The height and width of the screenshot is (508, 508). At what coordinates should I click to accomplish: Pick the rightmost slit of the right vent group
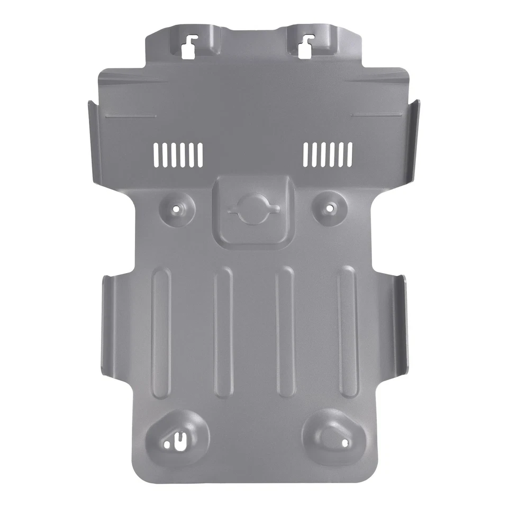click(x=350, y=153)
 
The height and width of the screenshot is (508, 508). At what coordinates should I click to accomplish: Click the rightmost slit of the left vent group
click(x=201, y=153)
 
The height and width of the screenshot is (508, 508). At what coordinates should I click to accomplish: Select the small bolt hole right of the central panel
click(x=329, y=208)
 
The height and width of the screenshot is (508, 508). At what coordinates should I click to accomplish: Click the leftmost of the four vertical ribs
click(x=161, y=333)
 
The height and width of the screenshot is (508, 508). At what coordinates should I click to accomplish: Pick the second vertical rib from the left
click(x=223, y=333)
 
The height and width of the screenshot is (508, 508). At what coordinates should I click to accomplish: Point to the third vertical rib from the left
click(x=285, y=333)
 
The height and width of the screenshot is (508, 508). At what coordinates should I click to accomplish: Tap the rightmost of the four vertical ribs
click(x=348, y=333)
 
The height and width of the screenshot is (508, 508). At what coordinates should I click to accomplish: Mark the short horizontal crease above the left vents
click(x=130, y=115)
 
